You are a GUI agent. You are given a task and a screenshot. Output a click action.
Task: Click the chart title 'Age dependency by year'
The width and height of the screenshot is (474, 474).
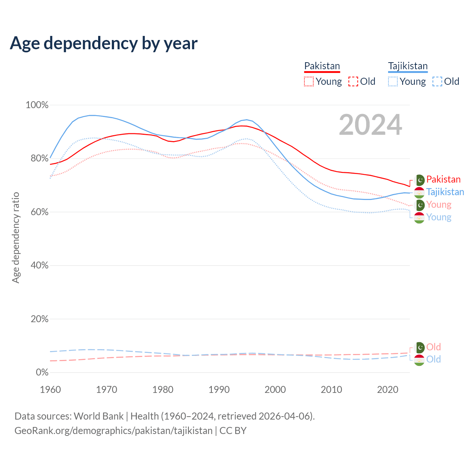pos(104,43)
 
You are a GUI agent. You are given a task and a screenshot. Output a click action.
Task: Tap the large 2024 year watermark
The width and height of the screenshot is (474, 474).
pos(370,125)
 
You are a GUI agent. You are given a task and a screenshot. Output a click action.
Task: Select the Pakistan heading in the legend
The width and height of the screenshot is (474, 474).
pos(322,66)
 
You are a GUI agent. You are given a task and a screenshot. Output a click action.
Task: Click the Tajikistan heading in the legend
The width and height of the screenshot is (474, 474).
pos(408,66)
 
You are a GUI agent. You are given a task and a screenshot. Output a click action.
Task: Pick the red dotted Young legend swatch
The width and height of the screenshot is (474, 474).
pos(308,81)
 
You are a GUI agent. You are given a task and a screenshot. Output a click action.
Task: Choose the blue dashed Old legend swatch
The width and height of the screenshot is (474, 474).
pos(437,81)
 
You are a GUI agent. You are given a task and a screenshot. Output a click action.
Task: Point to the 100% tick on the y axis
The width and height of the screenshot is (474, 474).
pos(37,105)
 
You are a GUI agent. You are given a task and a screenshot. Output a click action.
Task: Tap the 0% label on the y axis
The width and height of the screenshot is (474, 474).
pos(42,373)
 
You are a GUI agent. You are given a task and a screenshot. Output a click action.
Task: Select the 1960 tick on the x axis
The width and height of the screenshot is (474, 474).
pos(50,390)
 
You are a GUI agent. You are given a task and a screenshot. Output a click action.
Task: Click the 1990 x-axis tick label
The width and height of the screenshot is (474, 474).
pos(219,390)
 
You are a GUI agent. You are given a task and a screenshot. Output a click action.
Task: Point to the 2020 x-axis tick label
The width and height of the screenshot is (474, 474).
pos(388,390)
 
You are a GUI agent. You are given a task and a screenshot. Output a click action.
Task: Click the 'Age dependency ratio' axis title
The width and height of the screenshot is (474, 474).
pos(16,237)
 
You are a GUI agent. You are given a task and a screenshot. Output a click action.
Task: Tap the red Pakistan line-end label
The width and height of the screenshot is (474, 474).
pos(443,180)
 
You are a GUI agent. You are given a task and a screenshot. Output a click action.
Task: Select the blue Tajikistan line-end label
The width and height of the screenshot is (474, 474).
pos(445,192)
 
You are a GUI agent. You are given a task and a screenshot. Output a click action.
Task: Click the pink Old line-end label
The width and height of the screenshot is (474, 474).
pos(434,347)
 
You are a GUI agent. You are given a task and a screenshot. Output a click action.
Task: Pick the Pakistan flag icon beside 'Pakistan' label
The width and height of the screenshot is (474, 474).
pos(420,180)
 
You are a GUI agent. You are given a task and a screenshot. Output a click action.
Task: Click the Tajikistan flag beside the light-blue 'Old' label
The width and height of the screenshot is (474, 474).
pos(419,360)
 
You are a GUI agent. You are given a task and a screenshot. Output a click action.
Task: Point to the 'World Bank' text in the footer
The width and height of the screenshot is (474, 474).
pos(99,416)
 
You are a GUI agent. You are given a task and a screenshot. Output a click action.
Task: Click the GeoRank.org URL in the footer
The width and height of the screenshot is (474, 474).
pos(113,431)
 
